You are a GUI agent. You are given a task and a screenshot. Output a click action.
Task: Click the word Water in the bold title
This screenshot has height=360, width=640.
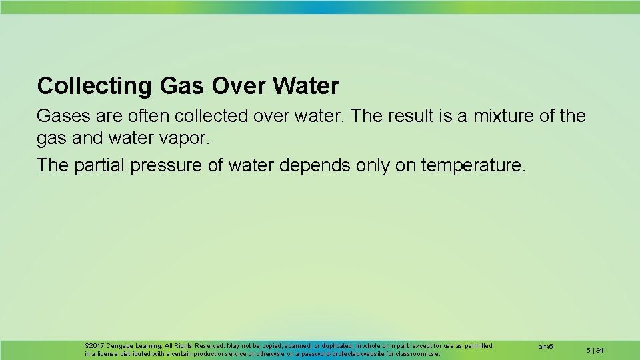point(307,86)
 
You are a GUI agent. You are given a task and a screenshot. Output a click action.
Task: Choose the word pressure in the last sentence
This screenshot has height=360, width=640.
point(166,165)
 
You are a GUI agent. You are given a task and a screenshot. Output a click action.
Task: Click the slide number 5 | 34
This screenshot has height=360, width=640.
point(595,350)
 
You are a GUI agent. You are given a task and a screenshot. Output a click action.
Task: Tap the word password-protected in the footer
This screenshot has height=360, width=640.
point(323,354)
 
